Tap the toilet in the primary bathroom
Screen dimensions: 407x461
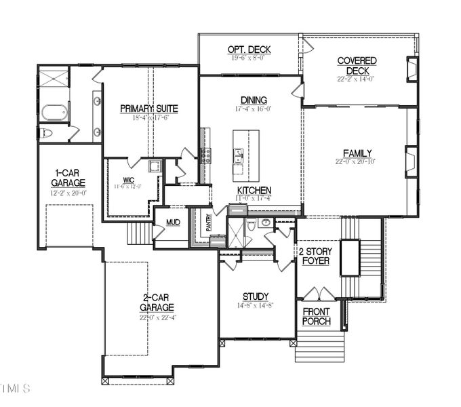45,133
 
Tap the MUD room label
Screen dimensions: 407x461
173,222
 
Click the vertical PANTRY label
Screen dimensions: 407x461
208,223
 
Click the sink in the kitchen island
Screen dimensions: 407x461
238,159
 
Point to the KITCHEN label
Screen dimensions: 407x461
254,191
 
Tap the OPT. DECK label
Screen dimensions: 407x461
249,50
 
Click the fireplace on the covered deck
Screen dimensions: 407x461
412,70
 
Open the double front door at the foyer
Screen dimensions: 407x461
318,294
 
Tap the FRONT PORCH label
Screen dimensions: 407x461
316,316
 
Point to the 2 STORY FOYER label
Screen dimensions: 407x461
315,256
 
